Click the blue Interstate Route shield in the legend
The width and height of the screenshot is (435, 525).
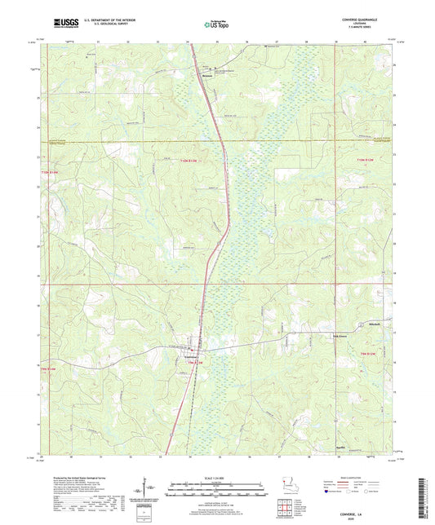[329, 492]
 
